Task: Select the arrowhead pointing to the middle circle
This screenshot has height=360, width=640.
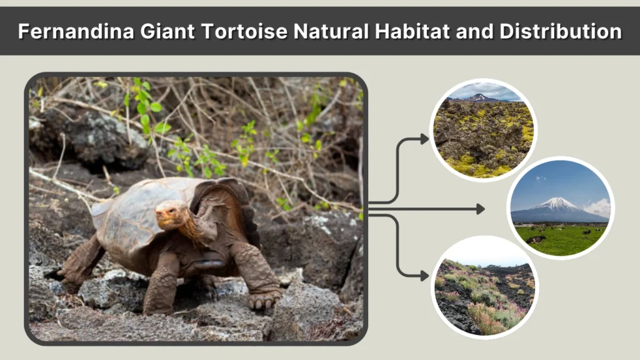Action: [x=481, y=209]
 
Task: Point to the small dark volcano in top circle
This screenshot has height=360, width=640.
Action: [x=478, y=97]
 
